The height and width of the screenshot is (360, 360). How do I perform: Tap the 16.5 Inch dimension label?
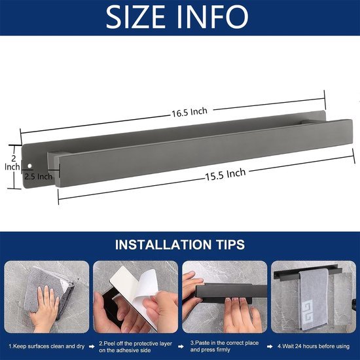[190, 112]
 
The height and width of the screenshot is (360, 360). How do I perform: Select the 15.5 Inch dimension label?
[226, 174]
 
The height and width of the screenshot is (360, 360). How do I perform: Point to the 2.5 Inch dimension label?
[37, 176]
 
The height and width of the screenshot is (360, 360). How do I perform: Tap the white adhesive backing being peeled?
[134, 291]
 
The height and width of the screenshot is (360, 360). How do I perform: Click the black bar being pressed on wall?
[223, 298]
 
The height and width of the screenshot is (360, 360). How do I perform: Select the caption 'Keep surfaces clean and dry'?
[46, 345]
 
